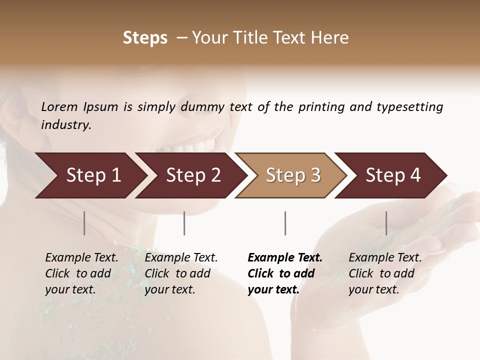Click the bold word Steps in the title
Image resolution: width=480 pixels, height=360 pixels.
[145, 38]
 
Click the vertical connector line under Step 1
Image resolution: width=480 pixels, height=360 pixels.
[84, 223]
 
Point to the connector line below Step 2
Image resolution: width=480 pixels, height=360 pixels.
[184, 223]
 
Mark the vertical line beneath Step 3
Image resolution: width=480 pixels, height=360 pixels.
[285, 223]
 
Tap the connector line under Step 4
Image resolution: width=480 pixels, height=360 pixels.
[386, 223]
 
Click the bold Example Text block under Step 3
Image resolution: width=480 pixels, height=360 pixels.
[285, 273]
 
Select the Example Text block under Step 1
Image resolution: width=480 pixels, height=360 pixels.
[81, 273]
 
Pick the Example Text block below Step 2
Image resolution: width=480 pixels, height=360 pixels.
[181, 273]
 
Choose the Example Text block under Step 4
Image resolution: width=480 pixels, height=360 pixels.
[385, 273]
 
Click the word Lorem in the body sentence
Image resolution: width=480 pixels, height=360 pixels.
[59, 107]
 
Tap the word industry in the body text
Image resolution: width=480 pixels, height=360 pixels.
[66, 125]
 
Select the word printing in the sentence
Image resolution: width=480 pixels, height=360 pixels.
[322, 107]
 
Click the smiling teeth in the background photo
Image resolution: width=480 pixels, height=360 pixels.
[192, 146]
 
